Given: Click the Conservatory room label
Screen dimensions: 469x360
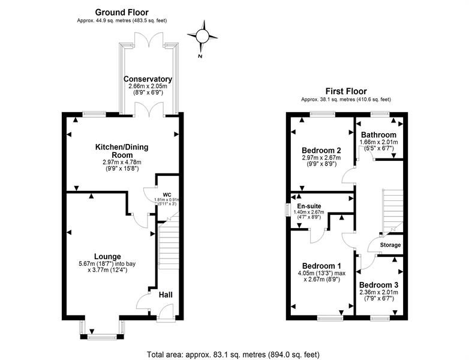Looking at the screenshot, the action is click(x=148, y=79).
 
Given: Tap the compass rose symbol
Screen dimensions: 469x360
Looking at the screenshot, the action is click(x=202, y=36).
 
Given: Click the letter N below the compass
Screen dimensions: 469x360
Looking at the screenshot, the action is click(x=200, y=56).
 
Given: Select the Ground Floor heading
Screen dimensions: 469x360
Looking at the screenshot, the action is click(x=122, y=12).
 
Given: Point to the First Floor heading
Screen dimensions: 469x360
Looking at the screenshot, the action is click(x=346, y=91).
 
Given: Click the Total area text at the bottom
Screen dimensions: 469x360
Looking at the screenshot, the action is click(x=233, y=355).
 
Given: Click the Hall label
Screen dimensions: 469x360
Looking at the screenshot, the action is click(x=166, y=295).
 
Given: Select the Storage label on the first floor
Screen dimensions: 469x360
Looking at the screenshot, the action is click(x=390, y=245).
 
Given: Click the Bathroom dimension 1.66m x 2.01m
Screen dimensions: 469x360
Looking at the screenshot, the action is click(x=378, y=142).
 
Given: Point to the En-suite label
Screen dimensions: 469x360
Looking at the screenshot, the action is click(x=309, y=206).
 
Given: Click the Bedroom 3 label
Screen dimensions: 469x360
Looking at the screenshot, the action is click(x=378, y=284).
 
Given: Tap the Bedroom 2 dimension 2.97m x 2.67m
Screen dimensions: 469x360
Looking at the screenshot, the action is click(x=321, y=158).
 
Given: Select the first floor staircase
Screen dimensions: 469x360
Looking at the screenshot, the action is click(x=392, y=212).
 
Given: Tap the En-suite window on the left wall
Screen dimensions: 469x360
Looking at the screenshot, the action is click(x=288, y=209).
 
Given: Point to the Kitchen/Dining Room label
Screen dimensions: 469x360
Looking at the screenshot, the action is click(x=122, y=151).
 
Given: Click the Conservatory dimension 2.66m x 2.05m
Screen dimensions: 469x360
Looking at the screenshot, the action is click(x=148, y=86).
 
